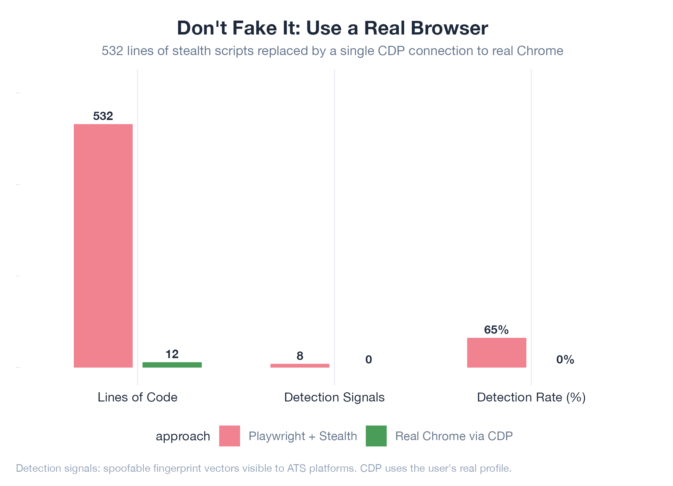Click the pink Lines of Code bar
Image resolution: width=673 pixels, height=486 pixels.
[103, 245]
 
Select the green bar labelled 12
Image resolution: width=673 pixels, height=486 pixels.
[172, 365]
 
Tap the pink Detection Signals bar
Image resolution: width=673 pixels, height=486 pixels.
[300, 366]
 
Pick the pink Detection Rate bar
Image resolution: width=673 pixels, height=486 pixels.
[496, 352]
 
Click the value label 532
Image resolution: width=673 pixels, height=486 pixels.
[103, 116]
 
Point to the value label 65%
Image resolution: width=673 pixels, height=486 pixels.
[496, 330]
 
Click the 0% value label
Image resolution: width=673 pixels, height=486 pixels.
[565, 359]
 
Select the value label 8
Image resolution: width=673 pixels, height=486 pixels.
[300, 356]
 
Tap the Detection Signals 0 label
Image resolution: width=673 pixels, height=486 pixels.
[368, 359]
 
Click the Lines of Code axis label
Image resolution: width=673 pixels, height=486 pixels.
[137, 397]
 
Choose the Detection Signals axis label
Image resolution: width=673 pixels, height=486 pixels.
[334, 397]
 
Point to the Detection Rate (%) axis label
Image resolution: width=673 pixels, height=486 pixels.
[531, 397]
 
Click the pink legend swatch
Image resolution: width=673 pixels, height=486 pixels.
[229, 436]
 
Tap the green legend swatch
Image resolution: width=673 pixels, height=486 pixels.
[376, 436]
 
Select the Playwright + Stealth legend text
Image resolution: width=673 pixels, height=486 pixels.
[302, 436]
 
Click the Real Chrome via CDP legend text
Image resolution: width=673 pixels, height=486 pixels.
[454, 436]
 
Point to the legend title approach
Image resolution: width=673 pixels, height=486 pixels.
[183, 436]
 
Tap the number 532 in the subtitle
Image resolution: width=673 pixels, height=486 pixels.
[112, 51]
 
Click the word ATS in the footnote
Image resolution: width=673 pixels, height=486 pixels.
[296, 468]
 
